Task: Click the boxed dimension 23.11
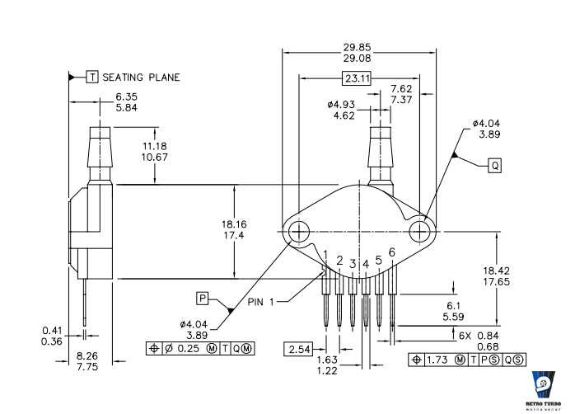click(x=357, y=78)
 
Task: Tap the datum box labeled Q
click(x=495, y=166)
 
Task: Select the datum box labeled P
click(x=203, y=299)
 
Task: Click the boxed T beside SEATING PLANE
click(x=92, y=77)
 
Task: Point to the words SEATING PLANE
click(x=141, y=78)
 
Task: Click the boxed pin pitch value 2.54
click(x=299, y=349)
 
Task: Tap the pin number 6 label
click(x=391, y=252)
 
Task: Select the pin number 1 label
click(x=325, y=254)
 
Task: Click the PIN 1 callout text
click(x=261, y=302)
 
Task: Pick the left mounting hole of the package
click(x=299, y=232)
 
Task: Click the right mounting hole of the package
click(x=420, y=232)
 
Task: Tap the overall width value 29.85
click(x=358, y=47)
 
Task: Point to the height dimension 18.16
click(x=234, y=224)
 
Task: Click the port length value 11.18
click(x=155, y=146)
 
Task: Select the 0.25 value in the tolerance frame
click(x=189, y=348)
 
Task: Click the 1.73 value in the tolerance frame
click(x=437, y=360)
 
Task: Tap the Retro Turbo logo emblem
click(x=544, y=384)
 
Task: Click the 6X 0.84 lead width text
click(x=479, y=336)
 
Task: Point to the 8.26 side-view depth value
click(x=87, y=356)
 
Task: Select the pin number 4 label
click(x=366, y=264)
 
